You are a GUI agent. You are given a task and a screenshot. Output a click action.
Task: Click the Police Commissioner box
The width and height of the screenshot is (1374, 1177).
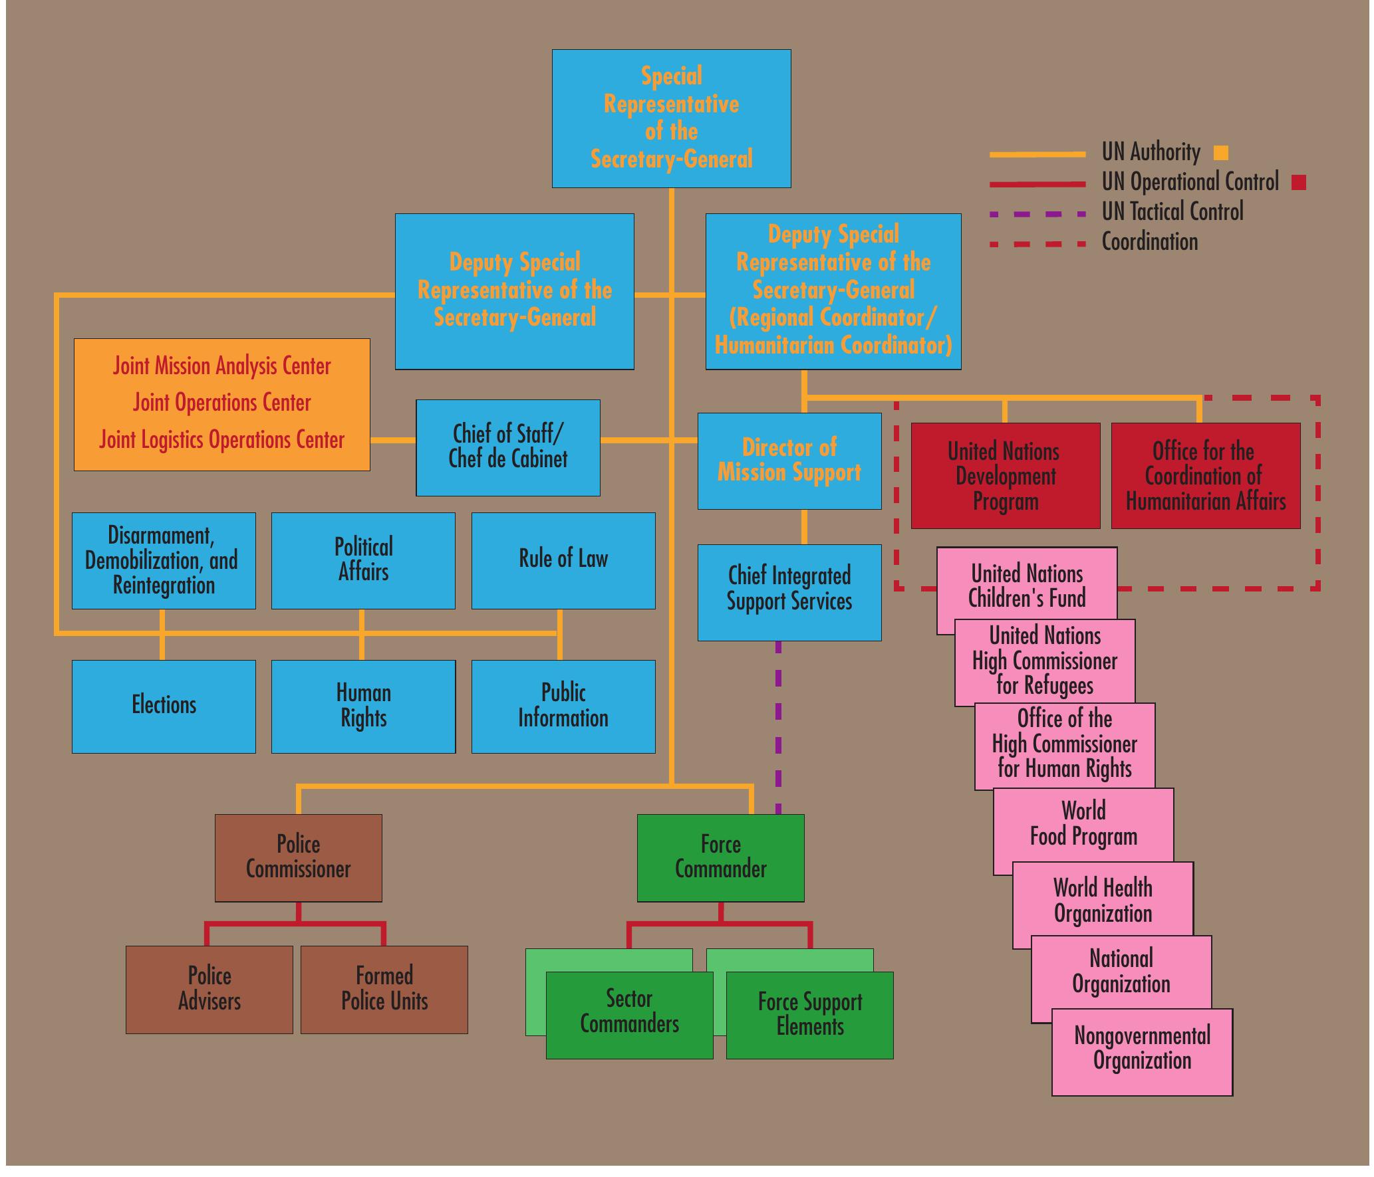[x=298, y=857]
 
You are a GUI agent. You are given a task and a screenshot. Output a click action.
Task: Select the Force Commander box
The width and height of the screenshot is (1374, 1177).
[x=720, y=857]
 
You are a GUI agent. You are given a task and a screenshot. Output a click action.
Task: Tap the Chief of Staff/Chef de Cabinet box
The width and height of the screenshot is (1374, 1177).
[x=507, y=447]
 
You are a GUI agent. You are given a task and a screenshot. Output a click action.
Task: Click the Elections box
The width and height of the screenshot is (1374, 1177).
[x=164, y=706]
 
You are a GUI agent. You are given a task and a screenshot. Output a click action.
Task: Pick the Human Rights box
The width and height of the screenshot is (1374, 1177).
[x=363, y=706]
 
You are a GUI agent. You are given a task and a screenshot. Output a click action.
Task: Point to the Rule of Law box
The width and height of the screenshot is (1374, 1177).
[x=563, y=560]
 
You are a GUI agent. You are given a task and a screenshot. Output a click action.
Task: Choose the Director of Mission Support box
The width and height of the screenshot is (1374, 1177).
[x=789, y=461]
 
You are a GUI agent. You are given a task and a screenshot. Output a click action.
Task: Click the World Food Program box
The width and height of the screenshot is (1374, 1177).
[x=1083, y=824]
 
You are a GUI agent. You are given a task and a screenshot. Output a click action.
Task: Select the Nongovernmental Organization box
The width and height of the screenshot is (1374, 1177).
[x=1141, y=1050]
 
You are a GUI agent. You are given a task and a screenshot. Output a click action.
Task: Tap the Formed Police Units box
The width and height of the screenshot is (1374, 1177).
[x=384, y=989]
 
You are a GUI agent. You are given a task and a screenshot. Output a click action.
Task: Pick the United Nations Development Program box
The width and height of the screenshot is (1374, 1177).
[x=1005, y=476]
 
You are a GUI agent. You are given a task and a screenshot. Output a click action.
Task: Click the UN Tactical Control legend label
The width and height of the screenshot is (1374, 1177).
[x=1172, y=212]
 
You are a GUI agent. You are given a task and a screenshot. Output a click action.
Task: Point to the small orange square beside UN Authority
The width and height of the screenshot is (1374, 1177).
[x=1220, y=153]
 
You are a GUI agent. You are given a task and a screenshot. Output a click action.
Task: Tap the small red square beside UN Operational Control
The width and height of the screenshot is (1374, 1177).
[x=1298, y=182]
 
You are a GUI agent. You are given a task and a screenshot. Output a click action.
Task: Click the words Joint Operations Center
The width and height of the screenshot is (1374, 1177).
[x=221, y=403]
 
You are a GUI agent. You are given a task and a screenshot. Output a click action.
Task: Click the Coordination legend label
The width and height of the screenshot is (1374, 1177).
[x=1149, y=242]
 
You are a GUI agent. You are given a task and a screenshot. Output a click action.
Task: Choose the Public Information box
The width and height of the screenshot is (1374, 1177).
[x=563, y=706]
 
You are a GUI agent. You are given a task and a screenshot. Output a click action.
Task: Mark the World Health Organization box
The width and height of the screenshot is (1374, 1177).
[x=1102, y=901]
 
